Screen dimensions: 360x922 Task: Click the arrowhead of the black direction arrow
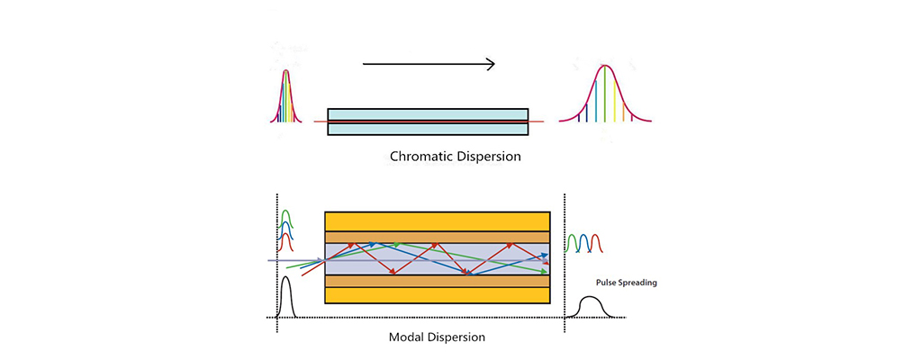pyautogui.click(x=490, y=63)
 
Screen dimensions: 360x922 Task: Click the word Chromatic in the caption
pyautogui.click(x=421, y=157)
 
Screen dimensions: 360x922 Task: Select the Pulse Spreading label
pyautogui.click(x=627, y=283)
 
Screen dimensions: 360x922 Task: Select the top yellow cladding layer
pyautogui.click(x=437, y=220)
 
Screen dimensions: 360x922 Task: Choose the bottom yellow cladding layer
pyautogui.click(x=437, y=295)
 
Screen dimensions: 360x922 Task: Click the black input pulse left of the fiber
pyautogui.click(x=286, y=297)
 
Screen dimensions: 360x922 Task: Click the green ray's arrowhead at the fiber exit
pyautogui.click(x=544, y=271)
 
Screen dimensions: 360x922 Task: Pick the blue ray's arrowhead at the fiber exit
pyautogui.click(x=544, y=256)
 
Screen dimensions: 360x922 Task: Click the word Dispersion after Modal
pyautogui.click(x=457, y=337)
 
